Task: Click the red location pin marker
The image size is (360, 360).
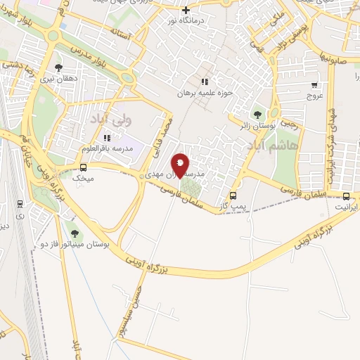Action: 180,165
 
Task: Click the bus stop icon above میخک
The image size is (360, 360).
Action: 84,167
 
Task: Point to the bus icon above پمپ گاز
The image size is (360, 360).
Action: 233,195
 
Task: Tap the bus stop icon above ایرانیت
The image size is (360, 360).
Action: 346,196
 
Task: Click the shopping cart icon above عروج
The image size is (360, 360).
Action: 314,85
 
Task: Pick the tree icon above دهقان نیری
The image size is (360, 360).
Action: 58,68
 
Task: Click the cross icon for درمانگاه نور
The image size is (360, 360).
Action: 186,10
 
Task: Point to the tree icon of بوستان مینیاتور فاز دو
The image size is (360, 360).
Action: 75,233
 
